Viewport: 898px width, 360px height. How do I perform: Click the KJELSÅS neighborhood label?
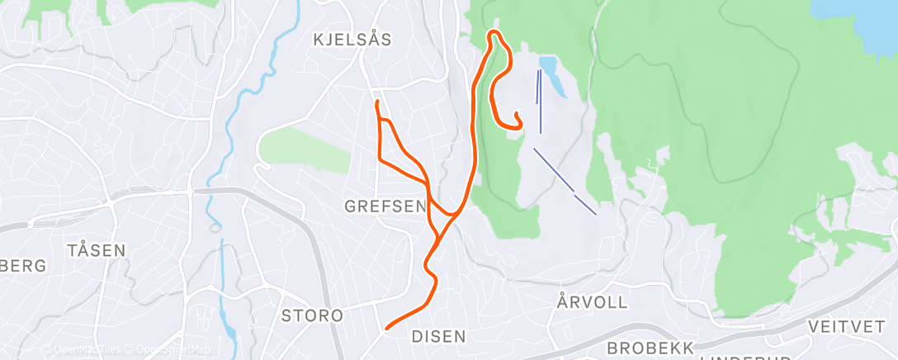352,39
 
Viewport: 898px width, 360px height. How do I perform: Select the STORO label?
312,315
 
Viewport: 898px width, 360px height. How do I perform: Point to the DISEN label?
438,336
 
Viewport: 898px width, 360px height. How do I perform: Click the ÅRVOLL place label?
593,302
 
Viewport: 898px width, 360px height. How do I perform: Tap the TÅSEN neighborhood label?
97,250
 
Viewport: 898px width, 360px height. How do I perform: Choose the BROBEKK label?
649,348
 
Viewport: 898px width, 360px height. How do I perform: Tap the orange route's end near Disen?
387,329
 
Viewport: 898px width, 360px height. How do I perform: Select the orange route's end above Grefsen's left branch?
377,102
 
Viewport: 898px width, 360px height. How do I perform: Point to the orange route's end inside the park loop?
516,114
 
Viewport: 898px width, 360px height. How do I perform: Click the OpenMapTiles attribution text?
83,349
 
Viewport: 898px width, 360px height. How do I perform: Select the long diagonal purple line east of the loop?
554,169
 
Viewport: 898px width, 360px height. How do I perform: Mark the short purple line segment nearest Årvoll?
585,205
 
